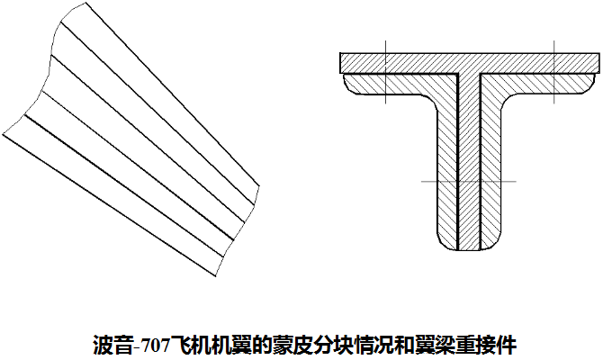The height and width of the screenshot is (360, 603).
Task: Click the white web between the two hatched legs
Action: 469,162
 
